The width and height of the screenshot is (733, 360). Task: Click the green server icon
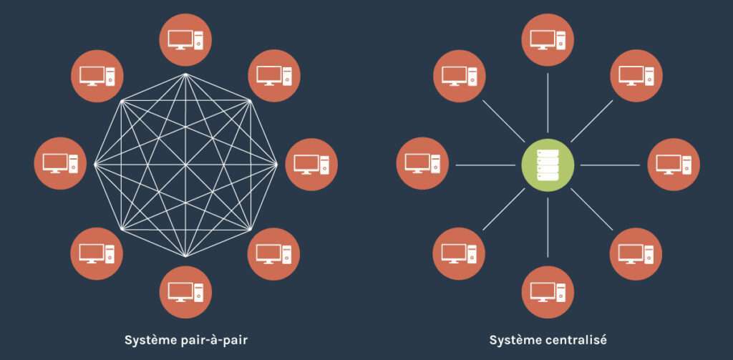click(x=548, y=165)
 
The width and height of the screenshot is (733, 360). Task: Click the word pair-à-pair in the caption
click(x=211, y=339)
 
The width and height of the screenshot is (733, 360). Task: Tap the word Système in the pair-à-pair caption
click(x=149, y=339)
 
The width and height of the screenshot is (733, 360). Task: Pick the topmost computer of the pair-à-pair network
click(x=185, y=39)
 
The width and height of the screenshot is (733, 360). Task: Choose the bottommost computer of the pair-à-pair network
click(x=185, y=291)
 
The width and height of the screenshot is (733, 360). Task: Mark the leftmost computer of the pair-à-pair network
click(x=60, y=164)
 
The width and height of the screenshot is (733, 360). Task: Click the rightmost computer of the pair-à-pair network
click(x=311, y=164)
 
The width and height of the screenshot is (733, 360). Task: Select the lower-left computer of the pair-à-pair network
click(x=97, y=253)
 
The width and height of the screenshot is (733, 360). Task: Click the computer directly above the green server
click(x=548, y=39)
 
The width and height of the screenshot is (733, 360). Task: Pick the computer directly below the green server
click(x=548, y=291)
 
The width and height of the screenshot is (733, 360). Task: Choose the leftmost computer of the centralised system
click(x=422, y=164)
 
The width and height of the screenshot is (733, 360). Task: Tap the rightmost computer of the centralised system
click(x=674, y=164)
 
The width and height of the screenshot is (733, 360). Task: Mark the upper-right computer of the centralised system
click(x=636, y=75)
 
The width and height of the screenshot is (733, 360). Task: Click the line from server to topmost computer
click(x=548, y=100)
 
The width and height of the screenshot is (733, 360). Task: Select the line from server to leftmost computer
click(x=485, y=165)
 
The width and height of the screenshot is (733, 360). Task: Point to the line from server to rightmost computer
click(x=610, y=165)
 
